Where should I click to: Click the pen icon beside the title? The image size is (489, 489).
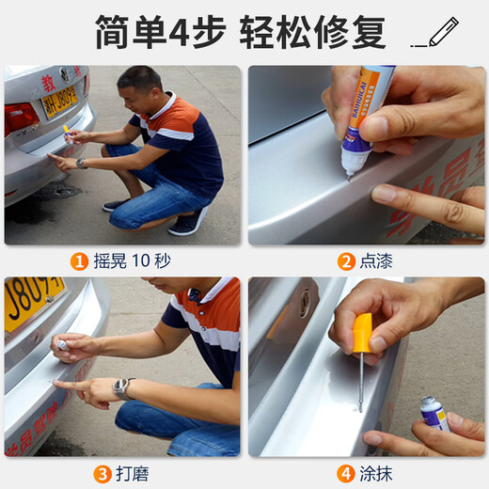(439, 33)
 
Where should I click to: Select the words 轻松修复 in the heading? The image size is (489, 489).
(315, 33)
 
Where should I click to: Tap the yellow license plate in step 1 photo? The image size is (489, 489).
(58, 101)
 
